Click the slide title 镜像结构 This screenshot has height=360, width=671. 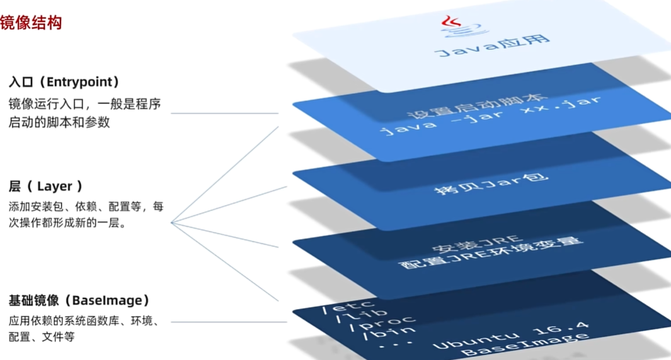tap(31, 23)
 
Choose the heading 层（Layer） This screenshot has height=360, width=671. tap(45, 186)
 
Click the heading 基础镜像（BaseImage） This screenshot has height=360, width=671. tap(79, 300)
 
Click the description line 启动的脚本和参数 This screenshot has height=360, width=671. tap(59, 122)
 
